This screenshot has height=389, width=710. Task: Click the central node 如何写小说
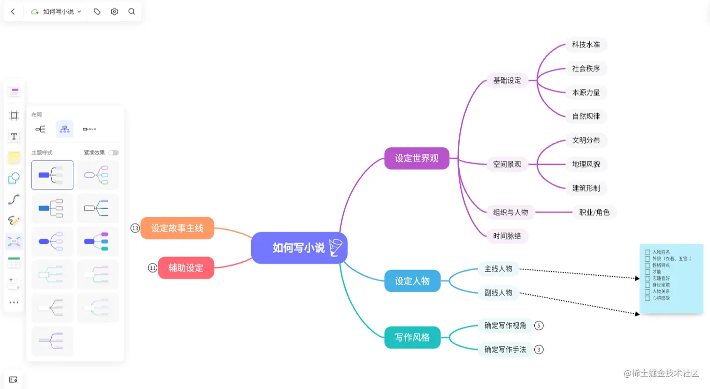click(299, 248)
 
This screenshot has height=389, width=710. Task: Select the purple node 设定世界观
click(417, 158)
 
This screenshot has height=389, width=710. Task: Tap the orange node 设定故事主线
click(177, 228)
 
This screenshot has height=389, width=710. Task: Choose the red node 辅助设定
click(186, 268)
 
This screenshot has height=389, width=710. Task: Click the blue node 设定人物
click(412, 281)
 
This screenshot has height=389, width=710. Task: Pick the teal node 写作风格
click(412, 337)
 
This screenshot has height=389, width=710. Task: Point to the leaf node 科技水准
click(586, 45)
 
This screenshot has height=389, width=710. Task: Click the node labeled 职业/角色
click(594, 212)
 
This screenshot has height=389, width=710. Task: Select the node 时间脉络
click(507, 236)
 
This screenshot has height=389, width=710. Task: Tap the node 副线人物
click(498, 293)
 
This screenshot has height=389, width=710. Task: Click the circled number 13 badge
click(135, 228)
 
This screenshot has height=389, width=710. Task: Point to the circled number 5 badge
click(539, 326)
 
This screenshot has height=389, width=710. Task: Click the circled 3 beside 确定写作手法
click(539, 350)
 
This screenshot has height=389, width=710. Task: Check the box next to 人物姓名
click(648, 252)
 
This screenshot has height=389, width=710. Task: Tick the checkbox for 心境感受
click(648, 298)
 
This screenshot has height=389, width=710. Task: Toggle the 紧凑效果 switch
click(114, 153)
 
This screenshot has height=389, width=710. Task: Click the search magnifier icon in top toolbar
click(131, 12)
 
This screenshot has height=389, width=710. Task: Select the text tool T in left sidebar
click(14, 137)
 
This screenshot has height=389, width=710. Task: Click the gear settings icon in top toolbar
click(114, 12)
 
